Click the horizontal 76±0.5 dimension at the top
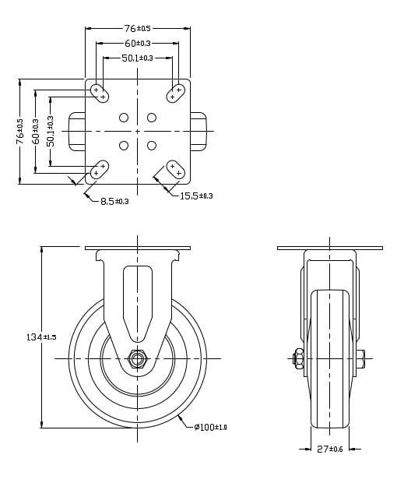137,28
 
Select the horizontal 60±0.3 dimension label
137,43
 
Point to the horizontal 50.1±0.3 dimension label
137,58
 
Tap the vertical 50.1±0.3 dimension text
51,132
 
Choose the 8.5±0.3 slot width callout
114,201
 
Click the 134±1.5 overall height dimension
41,337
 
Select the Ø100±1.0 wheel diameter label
210,427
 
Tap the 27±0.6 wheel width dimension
330,449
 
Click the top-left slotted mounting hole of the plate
100,93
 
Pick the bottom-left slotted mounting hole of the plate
100,168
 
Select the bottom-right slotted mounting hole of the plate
175,168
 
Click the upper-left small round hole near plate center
124,118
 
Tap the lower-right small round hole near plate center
152,145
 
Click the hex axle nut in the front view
138,358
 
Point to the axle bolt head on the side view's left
298,358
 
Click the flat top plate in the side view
330,249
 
